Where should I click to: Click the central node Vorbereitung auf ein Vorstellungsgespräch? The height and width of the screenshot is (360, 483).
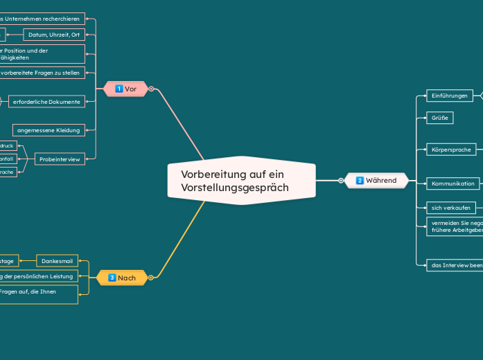241,181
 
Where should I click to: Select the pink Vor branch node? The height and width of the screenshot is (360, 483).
125,89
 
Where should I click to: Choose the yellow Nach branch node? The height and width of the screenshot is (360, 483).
122,278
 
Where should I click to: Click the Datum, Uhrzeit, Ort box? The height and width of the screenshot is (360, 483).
55,35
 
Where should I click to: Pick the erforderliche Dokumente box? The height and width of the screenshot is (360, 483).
46,102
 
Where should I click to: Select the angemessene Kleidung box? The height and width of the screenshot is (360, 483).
49,130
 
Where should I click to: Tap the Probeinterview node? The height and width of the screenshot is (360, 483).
60,159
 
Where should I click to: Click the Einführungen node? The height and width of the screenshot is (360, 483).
449,96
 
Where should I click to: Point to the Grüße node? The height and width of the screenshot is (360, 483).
439,118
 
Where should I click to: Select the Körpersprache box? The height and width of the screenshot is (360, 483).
451,149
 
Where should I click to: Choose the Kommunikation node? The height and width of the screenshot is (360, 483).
453,183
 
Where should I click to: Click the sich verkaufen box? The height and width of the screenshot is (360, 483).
450,208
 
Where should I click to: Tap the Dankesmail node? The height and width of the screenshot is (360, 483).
57,261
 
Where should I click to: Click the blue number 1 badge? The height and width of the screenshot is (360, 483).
119,89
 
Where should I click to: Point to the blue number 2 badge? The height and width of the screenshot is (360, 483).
360,181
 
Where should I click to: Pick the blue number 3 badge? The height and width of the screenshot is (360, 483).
112,278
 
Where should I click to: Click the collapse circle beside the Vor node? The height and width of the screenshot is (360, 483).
151,89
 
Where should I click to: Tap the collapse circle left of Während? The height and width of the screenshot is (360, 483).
341,181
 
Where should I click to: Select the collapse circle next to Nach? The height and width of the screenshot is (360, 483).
151,278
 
